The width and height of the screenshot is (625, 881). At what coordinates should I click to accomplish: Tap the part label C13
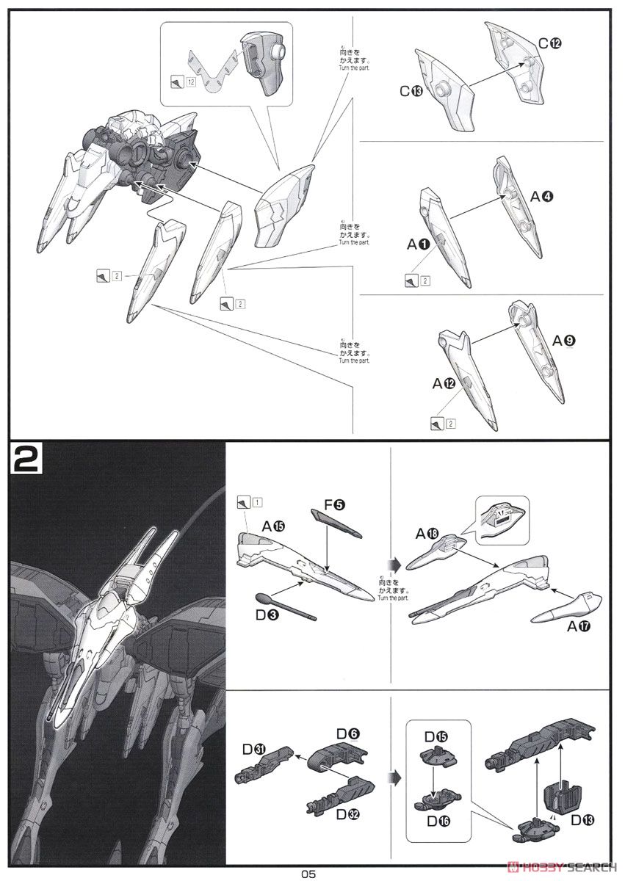(411, 91)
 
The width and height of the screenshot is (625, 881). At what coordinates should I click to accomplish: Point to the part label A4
(543, 196)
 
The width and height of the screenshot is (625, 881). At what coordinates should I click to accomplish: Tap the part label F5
(333, 505)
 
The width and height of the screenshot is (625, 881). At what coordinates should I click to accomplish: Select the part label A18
(427, 533)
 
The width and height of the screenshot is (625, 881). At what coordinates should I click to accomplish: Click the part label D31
(254, 749)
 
